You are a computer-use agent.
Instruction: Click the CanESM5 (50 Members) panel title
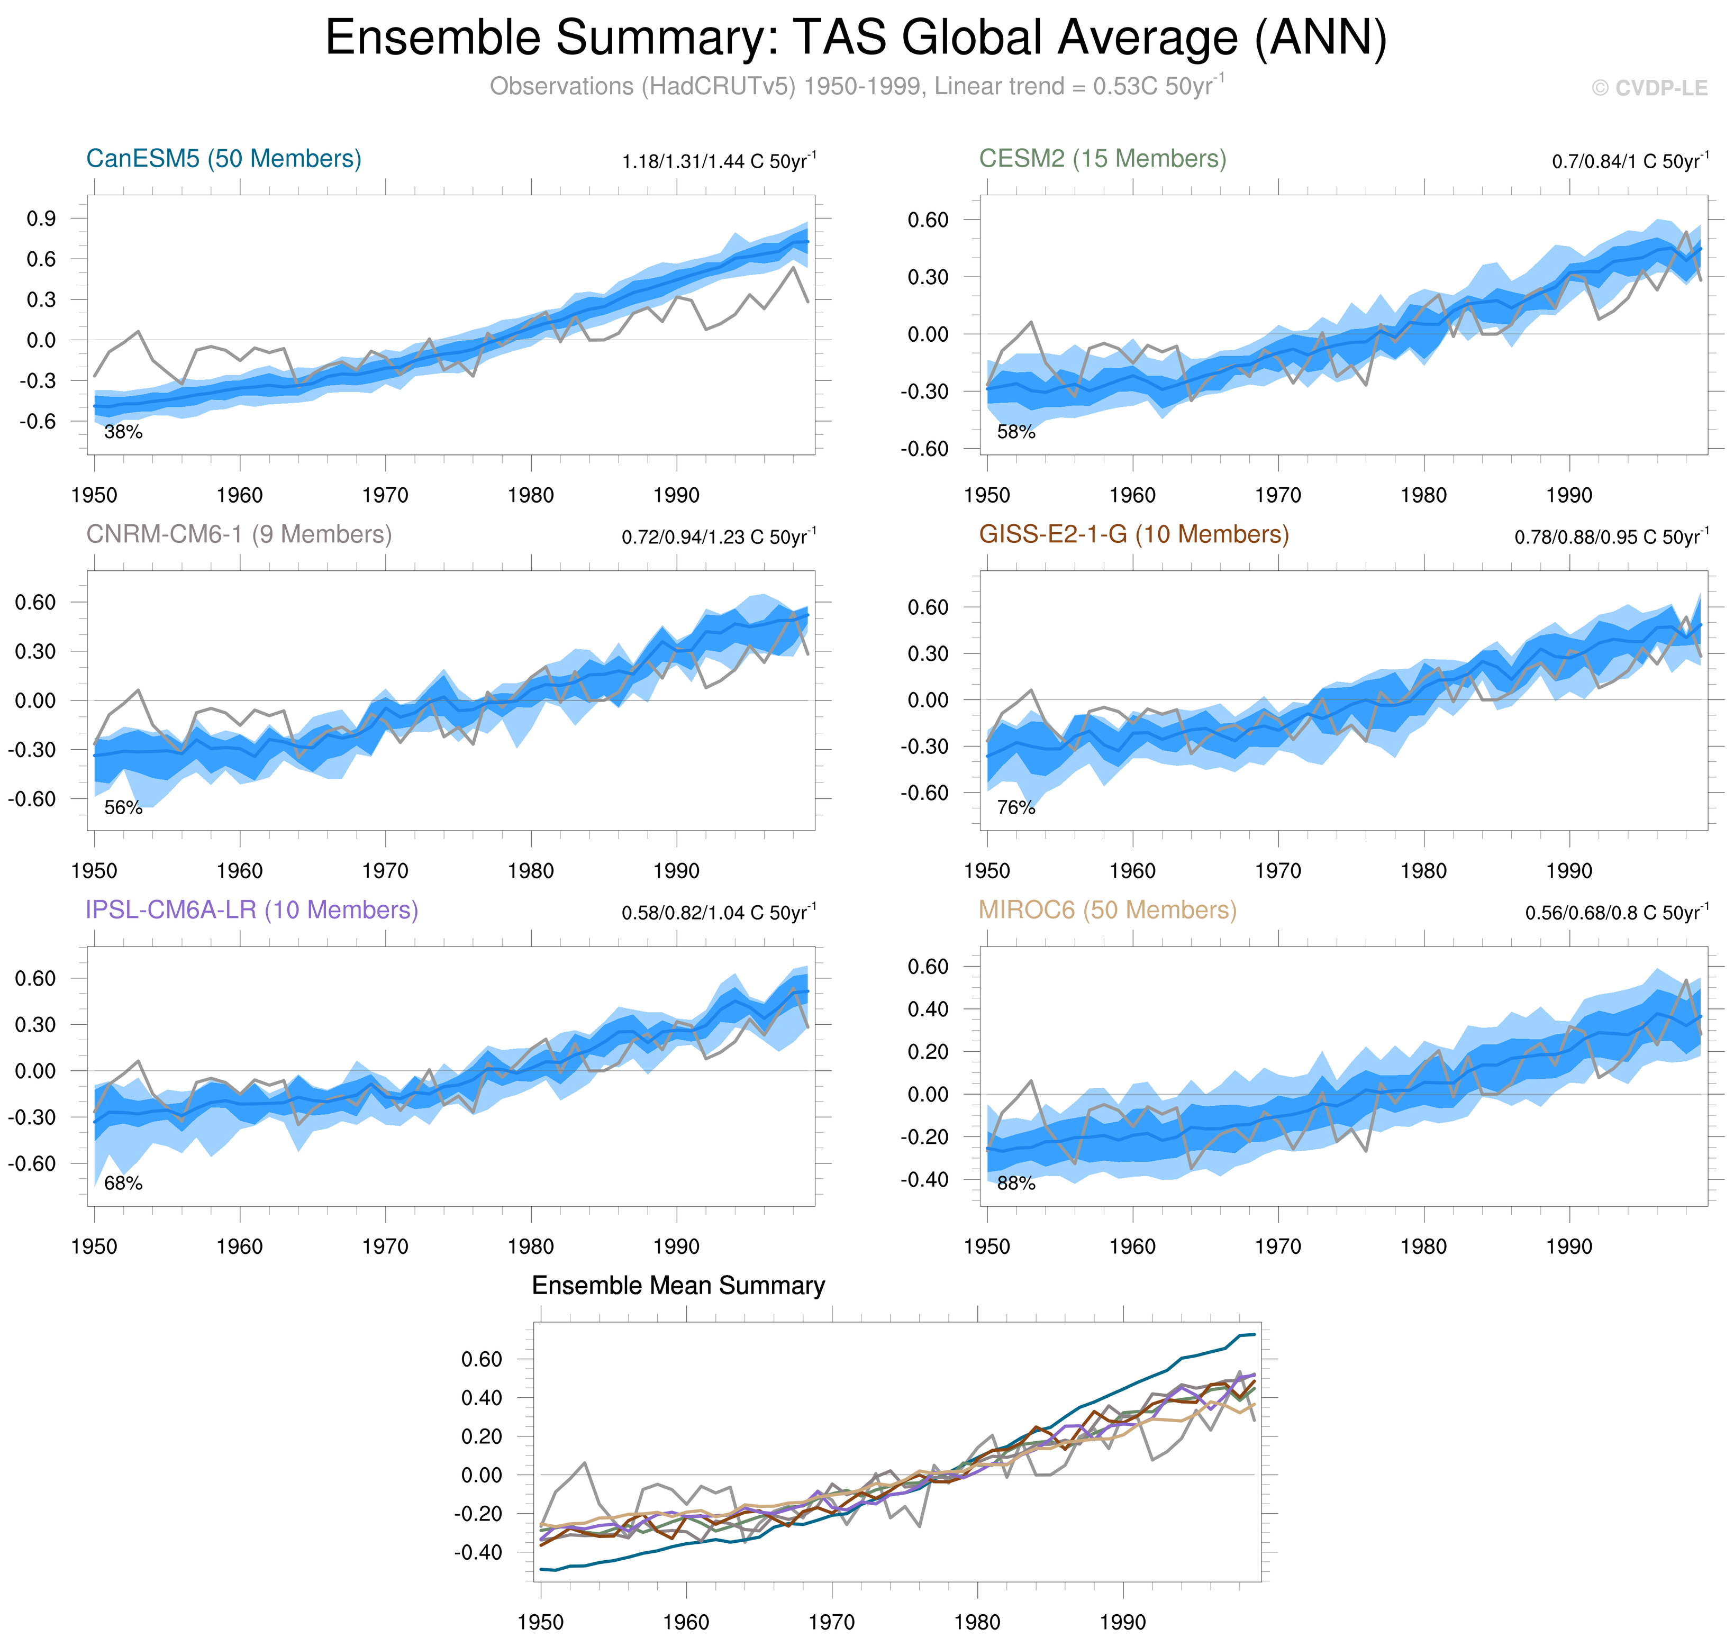tap(223, 159)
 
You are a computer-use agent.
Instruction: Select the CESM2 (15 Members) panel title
tap(1102, 159)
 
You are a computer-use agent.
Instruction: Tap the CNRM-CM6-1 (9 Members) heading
tap(239, 535)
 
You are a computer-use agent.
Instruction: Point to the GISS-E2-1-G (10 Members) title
tap(1133, 535)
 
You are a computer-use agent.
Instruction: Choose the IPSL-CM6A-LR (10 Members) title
tap(251, 911)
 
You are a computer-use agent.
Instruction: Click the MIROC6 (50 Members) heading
tap(1107, 911)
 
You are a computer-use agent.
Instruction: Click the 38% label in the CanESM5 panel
tap(123, 432)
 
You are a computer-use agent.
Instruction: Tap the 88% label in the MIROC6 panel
tap(1016, 1184)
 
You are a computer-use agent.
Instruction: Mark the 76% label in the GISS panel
tap(1016, 808)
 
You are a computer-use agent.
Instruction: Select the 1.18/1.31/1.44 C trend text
tap(718, 161)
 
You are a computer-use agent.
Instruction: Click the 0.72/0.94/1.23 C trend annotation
tap(718, 538)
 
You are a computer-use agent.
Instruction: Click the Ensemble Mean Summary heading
tap(678, 1286)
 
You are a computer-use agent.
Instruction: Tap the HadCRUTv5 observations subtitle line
tap(856, 87)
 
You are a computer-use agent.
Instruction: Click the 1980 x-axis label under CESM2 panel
tap(1423, 495)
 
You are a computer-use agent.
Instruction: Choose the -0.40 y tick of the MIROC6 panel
tap(924, 1180)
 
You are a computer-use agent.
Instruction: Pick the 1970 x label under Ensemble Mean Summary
tap(831, 1623)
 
